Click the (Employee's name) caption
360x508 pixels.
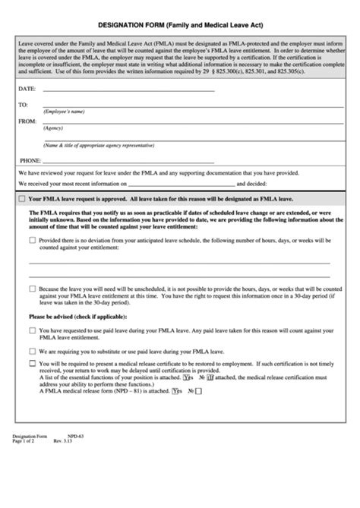coord(63,112)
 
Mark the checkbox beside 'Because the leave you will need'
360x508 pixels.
coord(32,289)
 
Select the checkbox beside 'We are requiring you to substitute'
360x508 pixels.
coord(32,351)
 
